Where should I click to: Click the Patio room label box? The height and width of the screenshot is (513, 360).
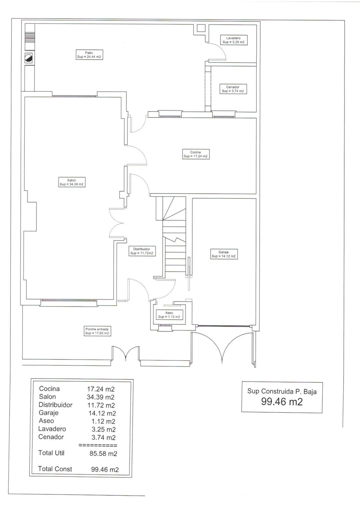90,55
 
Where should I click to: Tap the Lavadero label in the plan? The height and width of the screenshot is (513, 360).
234,40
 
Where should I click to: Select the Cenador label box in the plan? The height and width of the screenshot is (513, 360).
233,89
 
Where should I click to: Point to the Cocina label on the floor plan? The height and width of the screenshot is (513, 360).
196,154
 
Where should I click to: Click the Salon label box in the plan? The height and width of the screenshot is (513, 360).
72,182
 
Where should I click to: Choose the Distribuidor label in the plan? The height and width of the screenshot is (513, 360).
142,251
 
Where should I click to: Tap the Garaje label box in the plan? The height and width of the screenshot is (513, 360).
224,254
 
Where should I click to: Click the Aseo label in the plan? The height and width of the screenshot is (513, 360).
169,315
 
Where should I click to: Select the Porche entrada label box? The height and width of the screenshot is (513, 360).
97,331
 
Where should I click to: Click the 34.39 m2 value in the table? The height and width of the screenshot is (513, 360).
100,397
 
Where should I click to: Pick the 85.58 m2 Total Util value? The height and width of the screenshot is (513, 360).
103,453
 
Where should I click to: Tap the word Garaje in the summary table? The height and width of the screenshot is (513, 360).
48,413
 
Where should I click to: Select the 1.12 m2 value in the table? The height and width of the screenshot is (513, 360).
103,421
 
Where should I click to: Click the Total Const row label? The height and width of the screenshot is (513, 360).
55,469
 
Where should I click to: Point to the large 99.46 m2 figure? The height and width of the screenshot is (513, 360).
282,402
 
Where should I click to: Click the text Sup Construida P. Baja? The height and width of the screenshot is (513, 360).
282,391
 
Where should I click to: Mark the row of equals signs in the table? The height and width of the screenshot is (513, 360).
98,445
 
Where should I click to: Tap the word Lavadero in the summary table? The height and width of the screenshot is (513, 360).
52,429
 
